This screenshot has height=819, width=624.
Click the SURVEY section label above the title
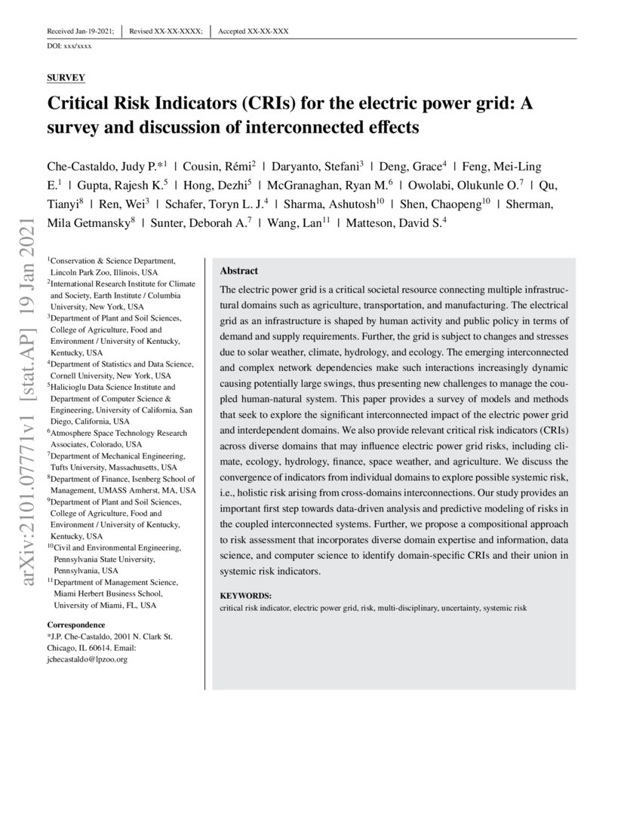(x=66, y=78)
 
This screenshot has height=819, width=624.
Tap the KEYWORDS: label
(x=245, y=595)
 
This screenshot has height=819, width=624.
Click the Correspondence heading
(x=76, y=625)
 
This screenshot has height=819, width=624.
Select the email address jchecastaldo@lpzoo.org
(x=87, y=658)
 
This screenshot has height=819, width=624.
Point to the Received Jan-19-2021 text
(x=81, y=31)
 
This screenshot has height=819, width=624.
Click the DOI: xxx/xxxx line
(x=69, y=47)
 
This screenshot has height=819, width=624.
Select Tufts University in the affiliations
(x=82, y=468)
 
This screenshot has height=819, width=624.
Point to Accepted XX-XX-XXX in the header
(x=253, y=31)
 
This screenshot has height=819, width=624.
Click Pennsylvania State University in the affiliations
(x=105, y=559)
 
